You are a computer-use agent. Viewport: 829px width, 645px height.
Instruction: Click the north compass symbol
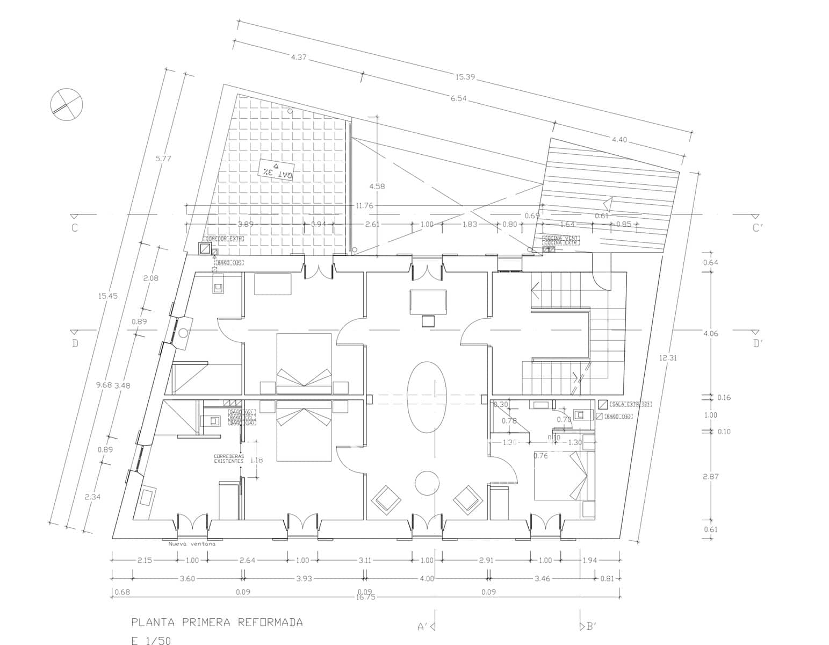tap(67, 104)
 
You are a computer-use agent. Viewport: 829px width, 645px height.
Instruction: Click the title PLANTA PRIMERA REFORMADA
tap(217, 622)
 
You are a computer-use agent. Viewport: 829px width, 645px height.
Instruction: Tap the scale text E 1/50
tap(152, 640)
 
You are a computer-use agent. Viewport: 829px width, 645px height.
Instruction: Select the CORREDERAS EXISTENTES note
tap(228, 458)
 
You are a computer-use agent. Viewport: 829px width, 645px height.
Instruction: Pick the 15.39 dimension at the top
tap(465, 77)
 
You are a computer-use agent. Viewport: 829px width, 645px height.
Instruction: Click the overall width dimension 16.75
tap(365, 597)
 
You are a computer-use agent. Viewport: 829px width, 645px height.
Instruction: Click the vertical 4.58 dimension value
tap(377, 186)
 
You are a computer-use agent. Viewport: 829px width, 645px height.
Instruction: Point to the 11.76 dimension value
tap(364, 205)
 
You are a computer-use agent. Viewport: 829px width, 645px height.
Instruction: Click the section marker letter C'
tap(756, 228)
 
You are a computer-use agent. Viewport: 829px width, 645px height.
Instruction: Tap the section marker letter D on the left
tap(75, 343)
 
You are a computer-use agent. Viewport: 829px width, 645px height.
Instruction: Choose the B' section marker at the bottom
tap(590, 626)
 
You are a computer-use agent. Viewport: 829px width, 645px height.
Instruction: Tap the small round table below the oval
tap(428, 483)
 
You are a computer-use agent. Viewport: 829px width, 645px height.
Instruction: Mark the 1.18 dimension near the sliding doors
tap(256, 460)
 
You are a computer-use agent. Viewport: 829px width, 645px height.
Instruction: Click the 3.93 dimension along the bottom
tap(304, 578)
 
